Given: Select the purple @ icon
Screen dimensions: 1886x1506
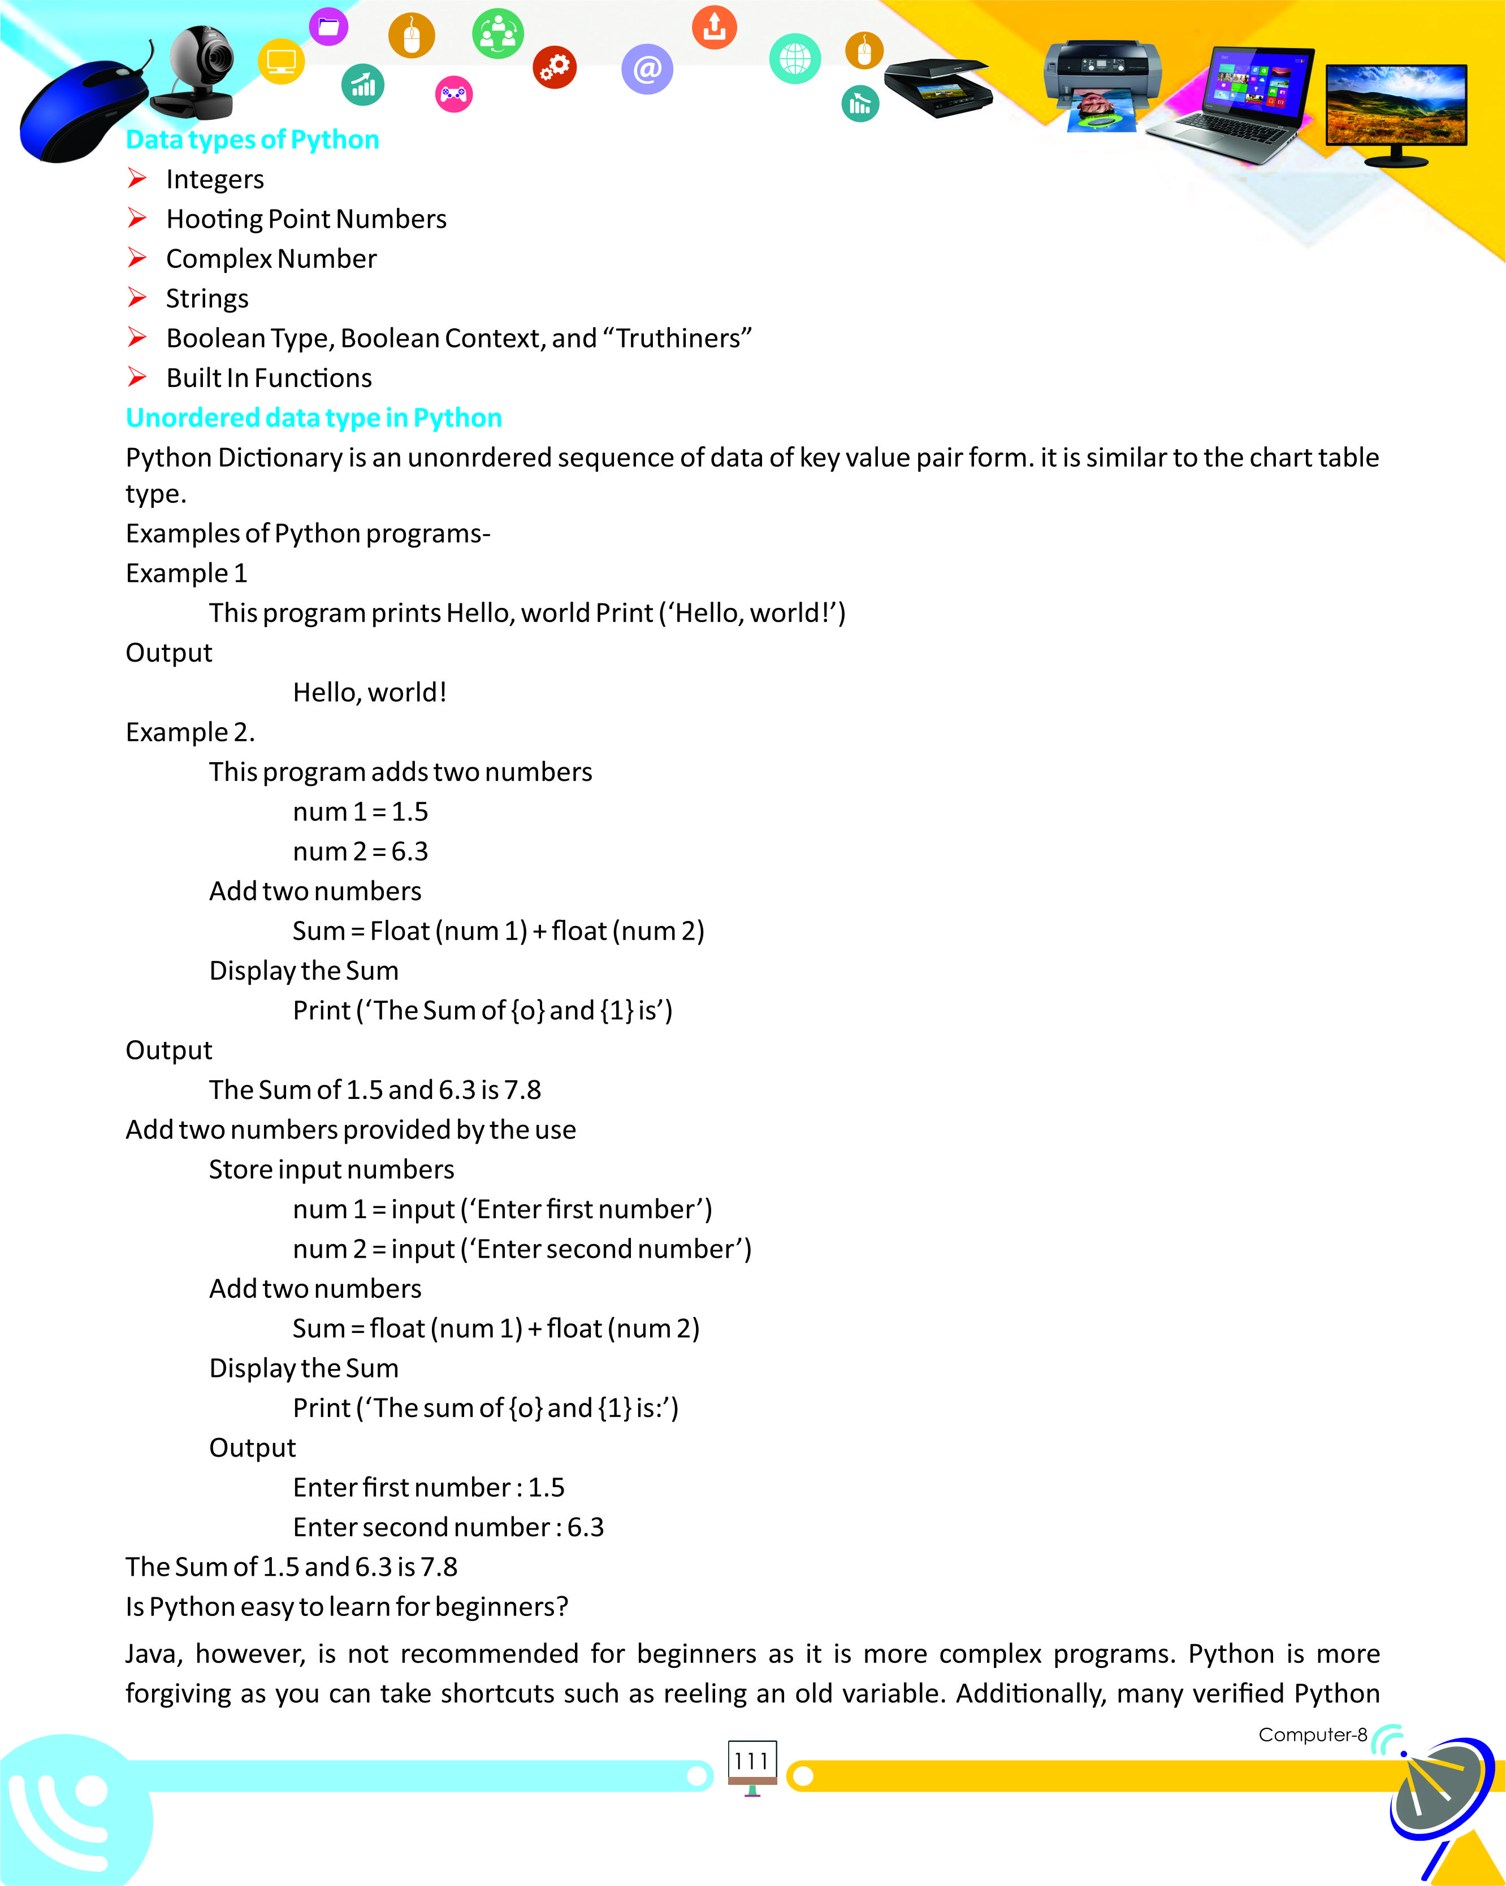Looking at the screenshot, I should pyautogui.click(x=647, y=69).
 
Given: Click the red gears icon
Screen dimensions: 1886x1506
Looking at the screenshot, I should pyautogui.click(x=555, y=67).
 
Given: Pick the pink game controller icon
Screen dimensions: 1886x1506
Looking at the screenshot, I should pyautogui.click(x=453, y=94).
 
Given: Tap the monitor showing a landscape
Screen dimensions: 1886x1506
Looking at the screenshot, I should pyautogui.click(x=1396, y=110).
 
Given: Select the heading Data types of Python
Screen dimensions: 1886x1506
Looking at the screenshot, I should pyautogui.click(x=252, y=140).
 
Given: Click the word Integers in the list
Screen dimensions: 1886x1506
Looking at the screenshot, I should pyautogui.click(x=214, y=179).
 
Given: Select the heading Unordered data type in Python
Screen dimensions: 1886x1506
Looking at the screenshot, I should pyautogui.click(x=313, y=418).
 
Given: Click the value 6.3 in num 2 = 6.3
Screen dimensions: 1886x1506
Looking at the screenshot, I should pyautogui.click(x=409, y=851).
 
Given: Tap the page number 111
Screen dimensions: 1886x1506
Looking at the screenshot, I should pyautogui.click(x=751, y=1761).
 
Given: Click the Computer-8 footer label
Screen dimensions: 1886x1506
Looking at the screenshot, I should pyautogui.click(x=1312, y=1735).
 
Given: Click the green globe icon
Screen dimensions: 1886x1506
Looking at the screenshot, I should pyautogui.click(x=795, y=59).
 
